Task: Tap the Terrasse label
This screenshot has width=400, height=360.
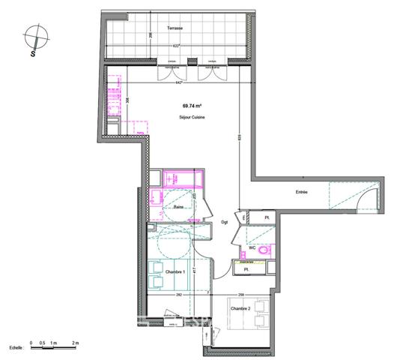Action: click(x=176, y=28)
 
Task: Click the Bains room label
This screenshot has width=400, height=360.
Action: click(x=179, y=208)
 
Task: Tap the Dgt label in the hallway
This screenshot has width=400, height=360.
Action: click(x=224, y=222)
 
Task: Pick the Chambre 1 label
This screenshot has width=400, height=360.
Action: click(x=175, y=271)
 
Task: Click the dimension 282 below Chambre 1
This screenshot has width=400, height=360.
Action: click(x=180, y=295)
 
